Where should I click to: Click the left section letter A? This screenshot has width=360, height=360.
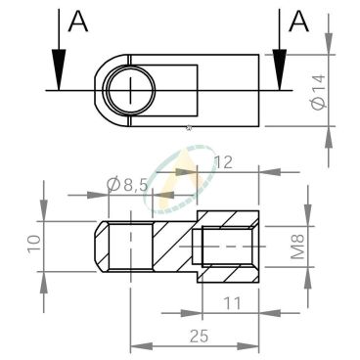(77, 22)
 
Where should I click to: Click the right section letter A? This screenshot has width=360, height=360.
(301, 22)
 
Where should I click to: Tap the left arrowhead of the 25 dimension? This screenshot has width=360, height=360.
(137, 347)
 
